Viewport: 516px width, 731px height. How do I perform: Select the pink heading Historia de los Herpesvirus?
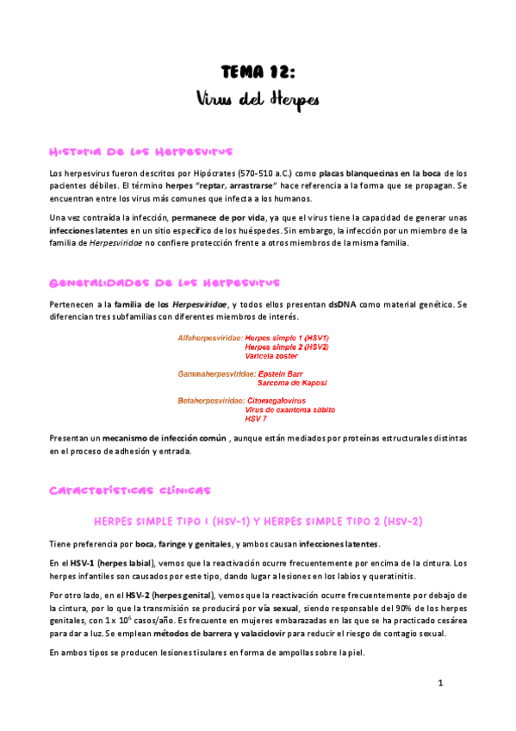coord(140,152)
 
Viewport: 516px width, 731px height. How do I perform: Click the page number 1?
coord(439,684)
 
